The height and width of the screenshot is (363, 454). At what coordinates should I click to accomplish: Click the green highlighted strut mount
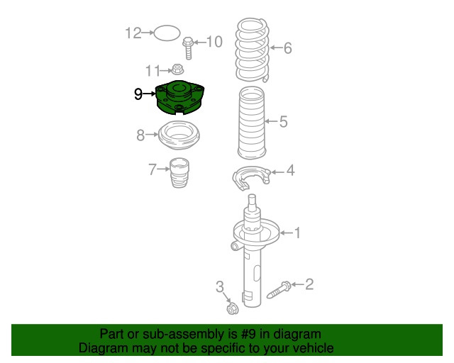click(x=179, y=98)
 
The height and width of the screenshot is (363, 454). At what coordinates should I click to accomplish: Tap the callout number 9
click(x=139, y=93)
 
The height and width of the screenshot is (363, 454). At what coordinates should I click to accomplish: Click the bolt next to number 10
click(x=189, y=48)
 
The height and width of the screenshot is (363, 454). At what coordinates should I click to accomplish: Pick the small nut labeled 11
click(x=177, y=69)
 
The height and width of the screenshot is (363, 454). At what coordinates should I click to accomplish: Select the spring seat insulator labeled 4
click(x=251, y=178)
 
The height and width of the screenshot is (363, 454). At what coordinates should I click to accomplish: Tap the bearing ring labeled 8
click(x=179, y=135)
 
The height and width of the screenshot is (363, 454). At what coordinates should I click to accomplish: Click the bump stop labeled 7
click(x=179, y=174)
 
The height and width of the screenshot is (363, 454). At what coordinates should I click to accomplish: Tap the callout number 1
click(x=298, y=232)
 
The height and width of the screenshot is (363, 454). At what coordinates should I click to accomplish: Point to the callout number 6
click(x=288, y=49)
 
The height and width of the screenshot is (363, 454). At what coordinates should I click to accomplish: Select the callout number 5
click(x=283, y=122)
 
